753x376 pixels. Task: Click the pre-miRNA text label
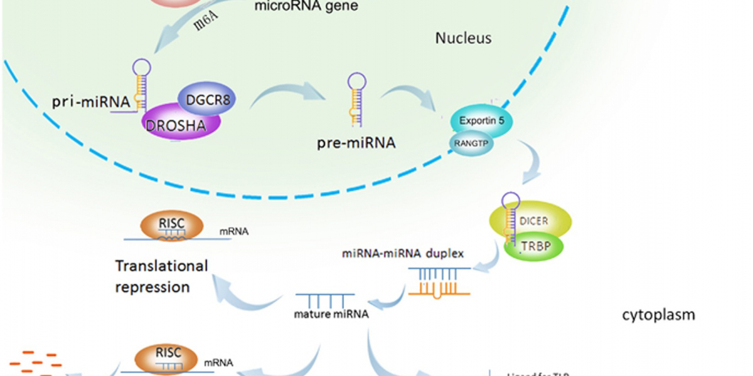(x=356, y=144)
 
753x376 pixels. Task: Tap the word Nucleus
(x=463, y=39)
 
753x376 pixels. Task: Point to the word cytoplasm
(x=658, y=315)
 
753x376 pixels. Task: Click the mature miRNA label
(x=331, y=314)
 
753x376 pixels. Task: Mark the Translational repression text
(x=161, y=276)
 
